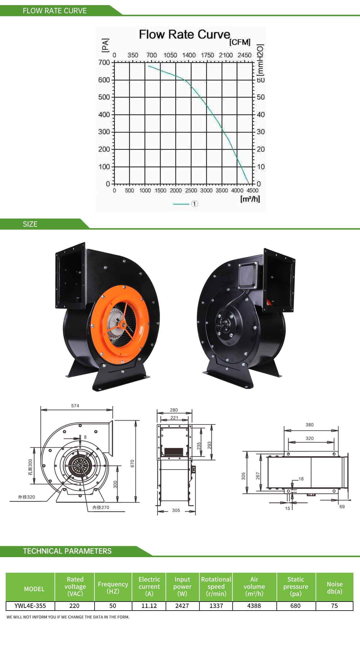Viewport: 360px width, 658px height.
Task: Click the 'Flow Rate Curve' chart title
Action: point(184,35)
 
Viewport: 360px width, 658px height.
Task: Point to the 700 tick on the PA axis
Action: point(104,62)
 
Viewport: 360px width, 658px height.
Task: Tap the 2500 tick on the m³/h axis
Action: point(191,190)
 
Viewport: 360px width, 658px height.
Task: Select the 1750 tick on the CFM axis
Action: point(207,55)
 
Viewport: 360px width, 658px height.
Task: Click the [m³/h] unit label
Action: point(250,199)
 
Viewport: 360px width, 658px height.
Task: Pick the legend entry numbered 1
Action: point(194,204)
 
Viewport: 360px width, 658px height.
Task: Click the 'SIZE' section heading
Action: point(30,224)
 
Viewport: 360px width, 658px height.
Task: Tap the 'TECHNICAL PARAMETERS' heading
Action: point(67,551)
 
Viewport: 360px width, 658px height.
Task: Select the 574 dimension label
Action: point(75,406)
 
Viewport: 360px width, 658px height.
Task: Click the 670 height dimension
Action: point(132,463)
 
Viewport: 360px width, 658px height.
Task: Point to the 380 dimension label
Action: point(310,425)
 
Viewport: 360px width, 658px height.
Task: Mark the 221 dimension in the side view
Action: point(174,418)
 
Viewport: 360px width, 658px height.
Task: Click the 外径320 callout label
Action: point(26,497)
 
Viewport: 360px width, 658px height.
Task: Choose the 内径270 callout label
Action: point(101,508)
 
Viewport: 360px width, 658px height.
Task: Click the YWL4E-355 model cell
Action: point(30,606)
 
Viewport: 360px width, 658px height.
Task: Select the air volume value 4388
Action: point(254,606)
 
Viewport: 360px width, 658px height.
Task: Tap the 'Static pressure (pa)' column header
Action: point(296,587)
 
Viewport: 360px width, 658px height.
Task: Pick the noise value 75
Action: point(334,606)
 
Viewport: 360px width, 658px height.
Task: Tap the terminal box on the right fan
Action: point(248,275)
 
